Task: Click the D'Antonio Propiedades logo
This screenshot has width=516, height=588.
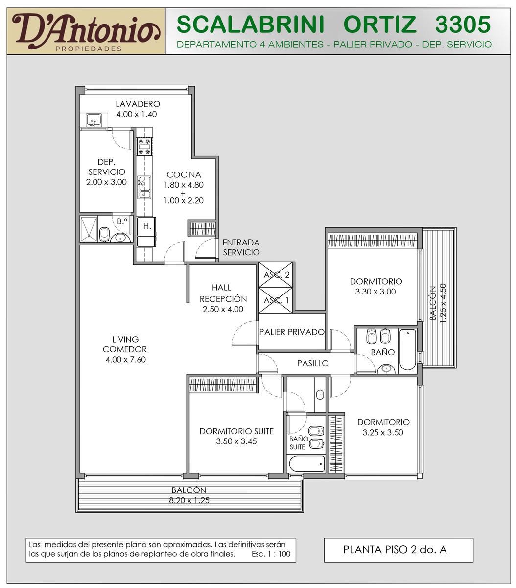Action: (86, 31)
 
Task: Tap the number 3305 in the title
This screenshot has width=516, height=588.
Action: (463, 24)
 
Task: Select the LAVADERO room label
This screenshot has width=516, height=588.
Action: (138, 104)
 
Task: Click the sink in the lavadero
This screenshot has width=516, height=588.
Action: (94, 121)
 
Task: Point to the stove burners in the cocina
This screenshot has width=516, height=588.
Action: (144, 147)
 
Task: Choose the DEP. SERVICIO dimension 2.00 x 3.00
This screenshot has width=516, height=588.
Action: (106, 182)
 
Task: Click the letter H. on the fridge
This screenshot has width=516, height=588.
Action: (147, 226)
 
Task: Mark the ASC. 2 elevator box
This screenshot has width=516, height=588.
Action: (275, 274)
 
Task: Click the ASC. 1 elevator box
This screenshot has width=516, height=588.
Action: (275, 300)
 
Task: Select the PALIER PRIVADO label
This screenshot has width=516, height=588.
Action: (292, 332)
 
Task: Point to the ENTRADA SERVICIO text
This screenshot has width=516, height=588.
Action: (241, 247)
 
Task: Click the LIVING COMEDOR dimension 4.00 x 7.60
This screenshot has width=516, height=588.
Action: (126, 360)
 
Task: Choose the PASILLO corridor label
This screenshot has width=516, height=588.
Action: (313, 363)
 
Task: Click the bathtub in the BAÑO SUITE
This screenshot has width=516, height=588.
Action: (307, 464)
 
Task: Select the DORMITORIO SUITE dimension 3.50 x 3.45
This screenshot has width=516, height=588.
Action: (236, 441)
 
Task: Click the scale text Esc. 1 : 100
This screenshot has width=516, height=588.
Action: (271, 554)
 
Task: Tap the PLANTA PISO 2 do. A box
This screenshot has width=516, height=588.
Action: (399, 550)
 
